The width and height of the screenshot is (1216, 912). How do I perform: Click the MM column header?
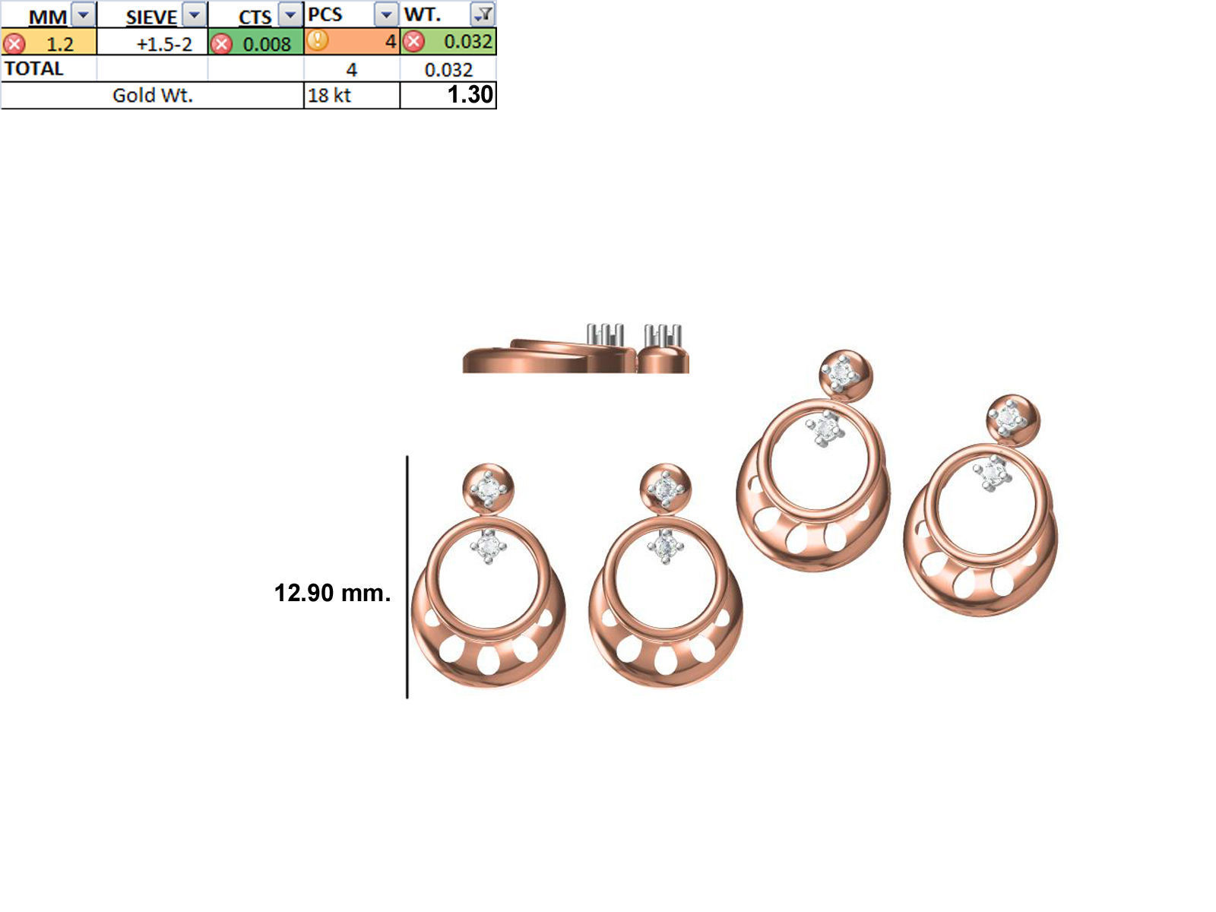pyautogui.click(x=47, y=16)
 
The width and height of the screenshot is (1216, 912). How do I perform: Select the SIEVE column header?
pyautogui.click(x=150, y=16)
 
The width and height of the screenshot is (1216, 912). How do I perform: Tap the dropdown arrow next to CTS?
pyautogui.click(x=290, y=14)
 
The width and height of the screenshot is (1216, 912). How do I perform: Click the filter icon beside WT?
pyautogui.click(x=483, y=14)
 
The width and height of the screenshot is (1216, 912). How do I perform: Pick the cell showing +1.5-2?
pyautogui.click(x=163, y=44)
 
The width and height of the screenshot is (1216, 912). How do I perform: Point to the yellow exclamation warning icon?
pyautogui.click(x=318, y=40)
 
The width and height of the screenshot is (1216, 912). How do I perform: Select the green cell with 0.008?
pyautogui.click(x=266, y=44)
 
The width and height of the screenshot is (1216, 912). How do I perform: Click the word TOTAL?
pyautogui.click(x=33, y=68)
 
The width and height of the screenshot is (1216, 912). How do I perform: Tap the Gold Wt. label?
pyautogui.click(x=152, y=95)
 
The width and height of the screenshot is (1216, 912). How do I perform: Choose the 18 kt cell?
pyautogui.click(x=330, y=96)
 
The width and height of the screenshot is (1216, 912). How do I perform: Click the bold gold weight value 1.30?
pyautogui.click(x=470, y=95)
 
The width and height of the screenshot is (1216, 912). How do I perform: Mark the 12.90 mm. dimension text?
pyautogui.click(x=332, y=593)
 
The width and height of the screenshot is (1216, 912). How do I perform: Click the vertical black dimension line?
pyautogui.click(x=407, y=578)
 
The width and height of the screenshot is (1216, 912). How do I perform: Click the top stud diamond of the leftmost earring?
pyautogui.click(x=489, y=489)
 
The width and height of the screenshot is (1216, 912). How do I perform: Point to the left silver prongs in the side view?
pyautogui.click(x=605, y=334)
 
